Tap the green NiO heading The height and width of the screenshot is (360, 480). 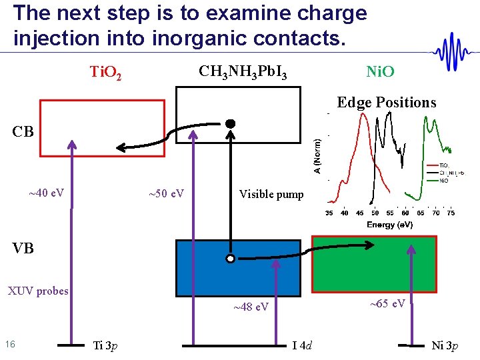tap(380, 71)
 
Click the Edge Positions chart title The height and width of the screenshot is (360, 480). tap(387, 102)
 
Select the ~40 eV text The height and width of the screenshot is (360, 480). tap(46, 193)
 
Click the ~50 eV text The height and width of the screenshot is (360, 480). tap(166, 194)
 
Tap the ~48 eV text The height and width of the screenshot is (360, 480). tap(251, 307)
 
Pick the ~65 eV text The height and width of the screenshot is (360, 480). tap(387, 303)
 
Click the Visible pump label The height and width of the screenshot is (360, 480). tap(271, 195)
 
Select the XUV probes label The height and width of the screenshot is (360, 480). tap(37, 291)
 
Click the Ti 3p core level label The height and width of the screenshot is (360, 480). tap(106, 345)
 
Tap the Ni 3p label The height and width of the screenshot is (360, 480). tap(445, 345)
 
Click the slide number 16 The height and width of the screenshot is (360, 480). tap(10, 344)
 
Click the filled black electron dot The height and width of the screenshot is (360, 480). tap(230, 123)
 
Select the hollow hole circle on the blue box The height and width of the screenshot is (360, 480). tap(230, 259)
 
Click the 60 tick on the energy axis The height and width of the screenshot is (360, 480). tap(405, 213)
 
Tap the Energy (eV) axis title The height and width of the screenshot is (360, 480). tap(390, 225)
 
